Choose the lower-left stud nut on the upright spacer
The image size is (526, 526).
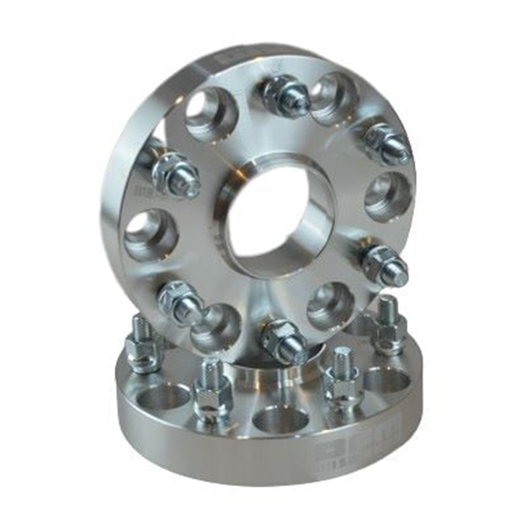click(181, 302)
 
